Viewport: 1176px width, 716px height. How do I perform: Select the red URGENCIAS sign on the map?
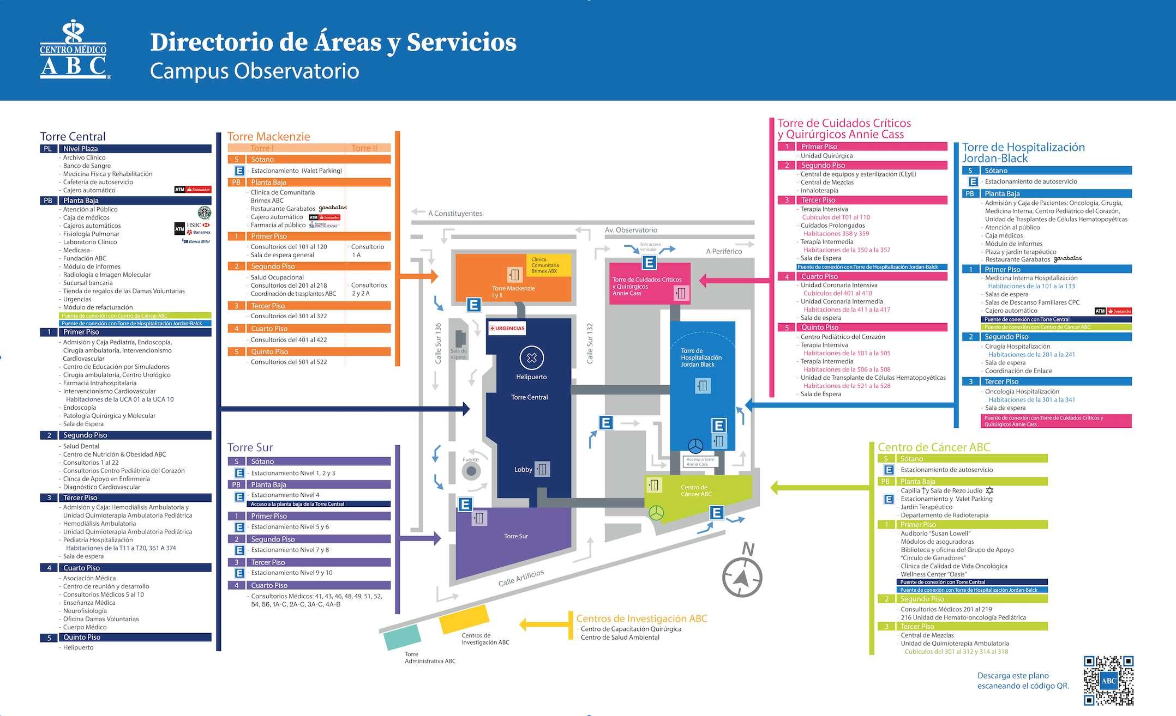(x=507, y=328)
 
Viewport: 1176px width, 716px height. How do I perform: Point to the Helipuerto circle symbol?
(x=531, y=358)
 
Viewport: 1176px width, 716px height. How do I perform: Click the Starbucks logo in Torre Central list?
(x=204, y=213)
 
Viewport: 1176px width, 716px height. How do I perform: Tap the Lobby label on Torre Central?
(x=523, y=469)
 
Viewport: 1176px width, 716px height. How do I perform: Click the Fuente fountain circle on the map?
(x=471, y=471)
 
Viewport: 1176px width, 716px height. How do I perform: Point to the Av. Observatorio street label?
(x=631, y=230)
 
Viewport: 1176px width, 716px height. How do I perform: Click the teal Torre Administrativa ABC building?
(x=402, y=636)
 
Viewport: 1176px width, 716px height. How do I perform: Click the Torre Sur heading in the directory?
(x=250, y=447)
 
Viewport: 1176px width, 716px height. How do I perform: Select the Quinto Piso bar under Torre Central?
(x=125, y=637)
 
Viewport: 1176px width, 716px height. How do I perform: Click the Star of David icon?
(x=989, y=490)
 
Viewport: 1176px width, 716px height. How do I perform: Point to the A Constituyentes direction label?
(x=454, y=213)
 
